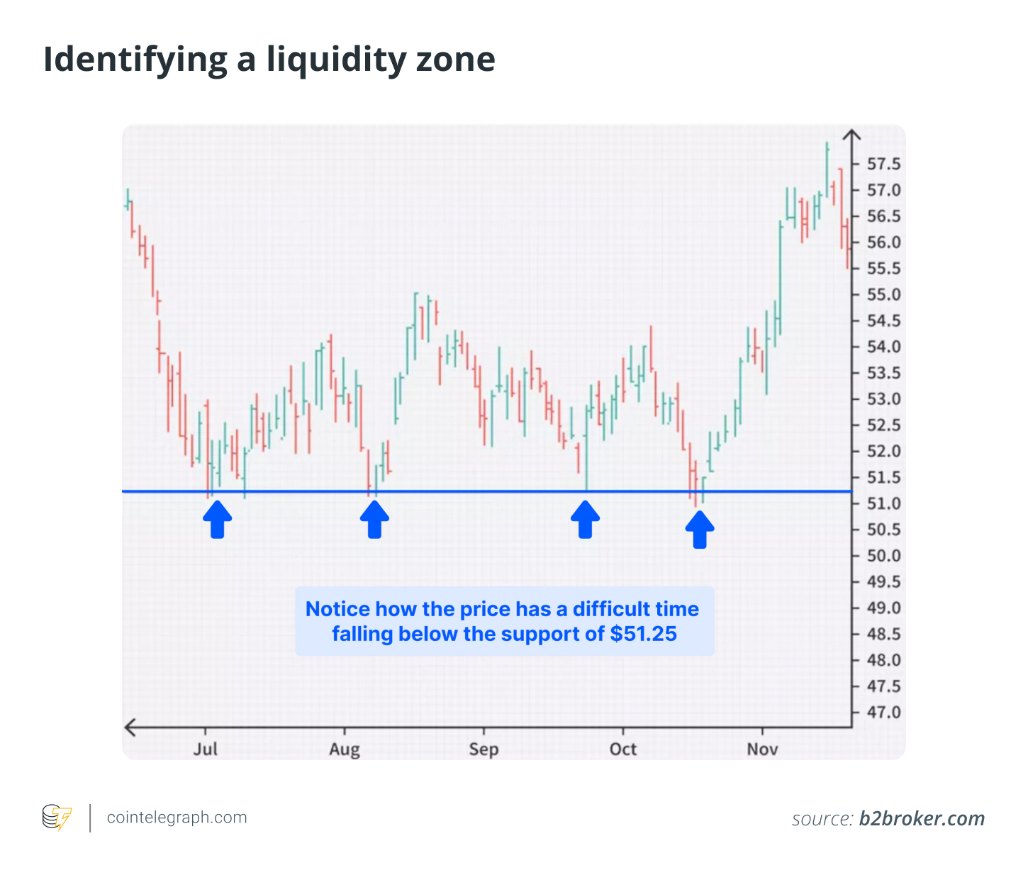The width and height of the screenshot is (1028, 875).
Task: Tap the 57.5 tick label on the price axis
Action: point(883,165)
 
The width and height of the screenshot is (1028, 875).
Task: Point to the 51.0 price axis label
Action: point(883,504)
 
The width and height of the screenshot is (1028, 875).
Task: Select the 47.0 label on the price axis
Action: point(883,713)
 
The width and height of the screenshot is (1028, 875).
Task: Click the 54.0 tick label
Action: point(883,347)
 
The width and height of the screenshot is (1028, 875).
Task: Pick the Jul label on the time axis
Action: point(206,749)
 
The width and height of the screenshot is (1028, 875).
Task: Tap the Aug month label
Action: point(345,749)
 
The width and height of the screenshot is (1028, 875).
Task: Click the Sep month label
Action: point(484,749)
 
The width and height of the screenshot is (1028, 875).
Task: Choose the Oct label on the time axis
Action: point(623,749)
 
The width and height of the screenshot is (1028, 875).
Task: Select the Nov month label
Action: point(762,749)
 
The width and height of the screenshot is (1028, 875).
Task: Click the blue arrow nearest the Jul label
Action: point(218,520)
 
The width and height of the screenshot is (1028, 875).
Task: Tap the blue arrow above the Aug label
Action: point(374,520)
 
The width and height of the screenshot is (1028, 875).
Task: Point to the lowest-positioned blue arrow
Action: point(700,530)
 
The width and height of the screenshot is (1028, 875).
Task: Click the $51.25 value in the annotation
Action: point(643,634)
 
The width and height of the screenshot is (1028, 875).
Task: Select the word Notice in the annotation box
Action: point(337,609)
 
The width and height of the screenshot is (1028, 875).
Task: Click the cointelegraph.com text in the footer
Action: point(177,818)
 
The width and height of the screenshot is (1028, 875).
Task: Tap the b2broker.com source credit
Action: point(922,819)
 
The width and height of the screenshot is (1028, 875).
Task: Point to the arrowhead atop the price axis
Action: point(851,134)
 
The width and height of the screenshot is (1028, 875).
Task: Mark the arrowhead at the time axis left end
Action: point(129,727)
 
